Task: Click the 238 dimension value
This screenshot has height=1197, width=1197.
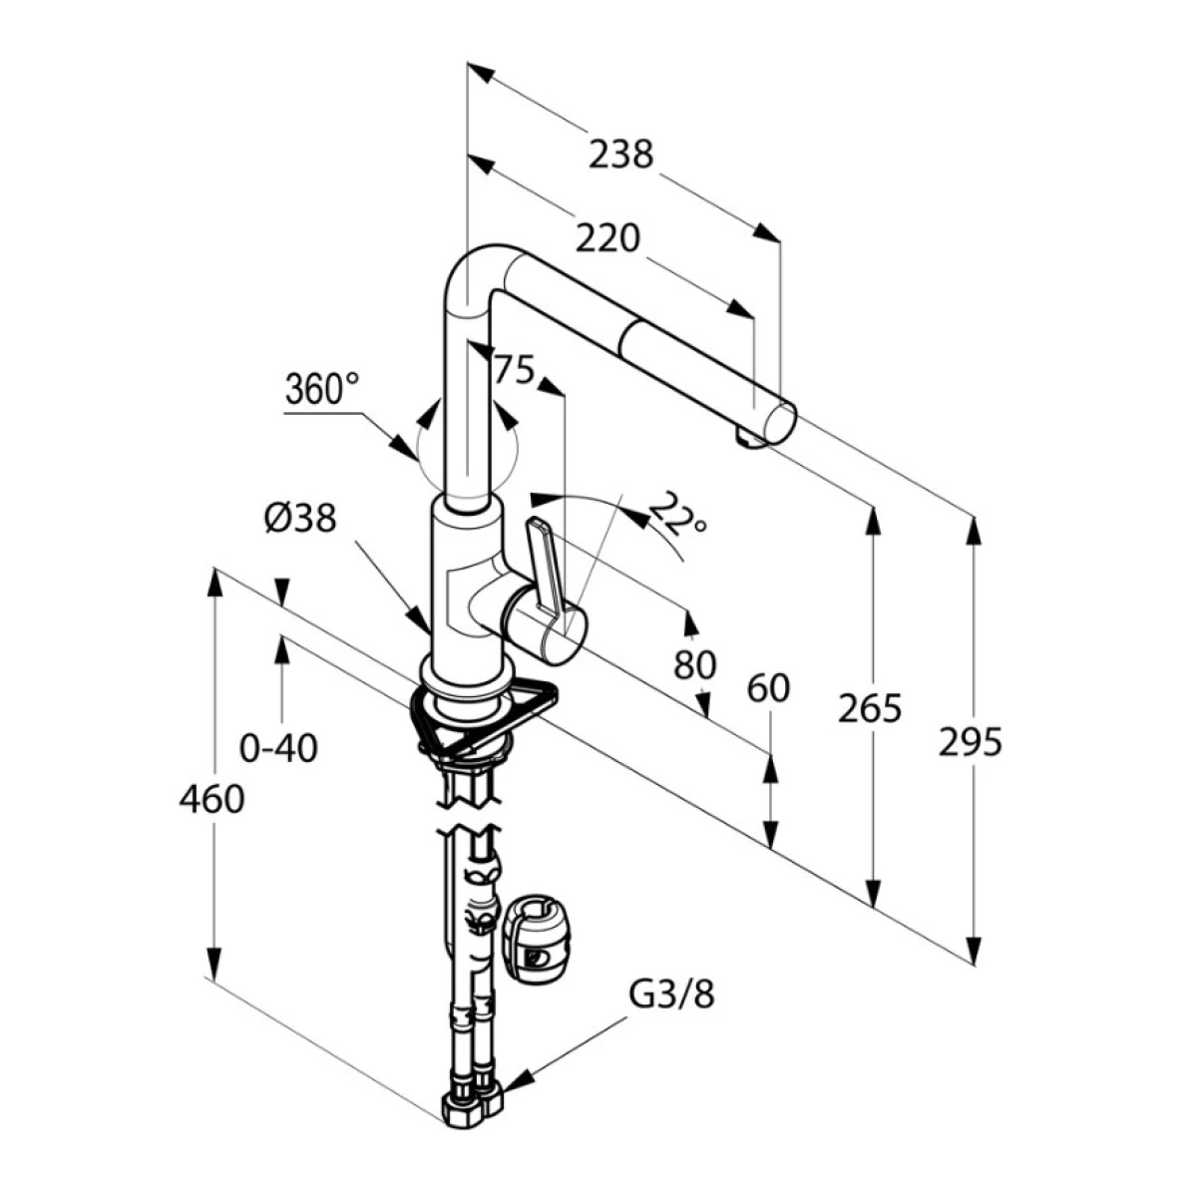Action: click(x=620, y=156)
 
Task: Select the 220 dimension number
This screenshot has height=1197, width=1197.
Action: click(x=607, y=238)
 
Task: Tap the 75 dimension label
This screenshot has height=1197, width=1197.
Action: click(x=514, y=370)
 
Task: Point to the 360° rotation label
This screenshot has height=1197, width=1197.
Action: click(x=322, y=389)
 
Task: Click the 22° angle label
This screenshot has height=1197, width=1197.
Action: click(x=677, y=512)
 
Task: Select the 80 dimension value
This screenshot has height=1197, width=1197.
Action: click(x=694, y=664)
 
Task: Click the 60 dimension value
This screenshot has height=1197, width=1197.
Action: click(x=768, y=688)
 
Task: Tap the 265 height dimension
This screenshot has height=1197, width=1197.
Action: click(x=869, y=708)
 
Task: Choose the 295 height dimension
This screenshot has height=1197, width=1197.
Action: click(x=970, y=742)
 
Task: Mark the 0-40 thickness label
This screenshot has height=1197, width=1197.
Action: click(x=279, y=747)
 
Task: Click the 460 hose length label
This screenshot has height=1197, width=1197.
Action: click(x=211, y=798)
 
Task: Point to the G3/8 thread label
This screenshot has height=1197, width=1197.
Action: click(x=671, y=995)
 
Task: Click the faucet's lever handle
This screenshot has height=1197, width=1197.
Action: click(x=543, y=569)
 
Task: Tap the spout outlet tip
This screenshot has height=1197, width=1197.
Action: click(x=748, y=437)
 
